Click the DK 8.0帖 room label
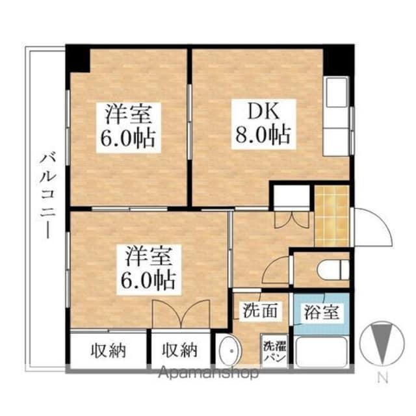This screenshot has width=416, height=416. click(263, 125)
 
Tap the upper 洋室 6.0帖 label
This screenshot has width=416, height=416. click(128, 127)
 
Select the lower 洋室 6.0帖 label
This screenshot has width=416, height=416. click(148, 268)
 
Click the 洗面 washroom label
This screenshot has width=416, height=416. click(261, 311)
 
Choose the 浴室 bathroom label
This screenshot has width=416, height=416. click(322, 312)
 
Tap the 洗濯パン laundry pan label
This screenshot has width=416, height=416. click(274, 352)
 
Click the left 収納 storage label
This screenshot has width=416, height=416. click(109, 351)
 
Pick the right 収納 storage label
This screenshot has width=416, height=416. click(179, 350)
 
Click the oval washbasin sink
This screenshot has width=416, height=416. click(230, 351)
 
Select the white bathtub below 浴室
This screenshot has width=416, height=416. click(321, 352)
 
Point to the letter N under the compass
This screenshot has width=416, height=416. click(382, 378)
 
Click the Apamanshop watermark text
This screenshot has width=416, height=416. click(208, 372)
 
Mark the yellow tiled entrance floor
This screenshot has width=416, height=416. click(332, 216)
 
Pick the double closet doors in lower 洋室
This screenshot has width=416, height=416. click(181, 313)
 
